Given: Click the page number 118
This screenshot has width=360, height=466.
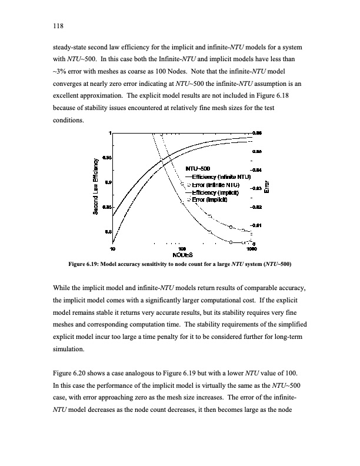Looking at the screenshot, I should [x=57, y=26].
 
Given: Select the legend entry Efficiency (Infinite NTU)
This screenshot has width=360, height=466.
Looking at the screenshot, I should [x=218, y=176].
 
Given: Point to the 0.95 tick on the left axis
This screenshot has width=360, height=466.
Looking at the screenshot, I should [x=106, y=158].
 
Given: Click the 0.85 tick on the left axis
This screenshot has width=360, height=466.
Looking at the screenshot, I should [x=106, y=207].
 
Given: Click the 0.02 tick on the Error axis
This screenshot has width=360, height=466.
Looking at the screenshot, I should [x=257, y=208].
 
